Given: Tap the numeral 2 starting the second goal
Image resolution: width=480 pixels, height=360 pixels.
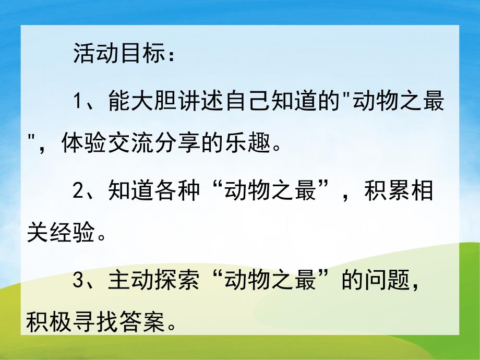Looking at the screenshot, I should (x=78, y=191).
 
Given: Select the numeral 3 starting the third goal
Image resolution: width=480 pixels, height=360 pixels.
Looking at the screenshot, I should (x=78, y=282).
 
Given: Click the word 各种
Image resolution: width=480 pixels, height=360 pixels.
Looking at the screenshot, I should (x=177, y=191).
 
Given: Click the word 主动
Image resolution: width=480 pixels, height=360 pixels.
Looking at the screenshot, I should (x=131, y=282).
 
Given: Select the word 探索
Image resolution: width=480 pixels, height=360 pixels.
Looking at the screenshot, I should (x=177, y=282).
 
